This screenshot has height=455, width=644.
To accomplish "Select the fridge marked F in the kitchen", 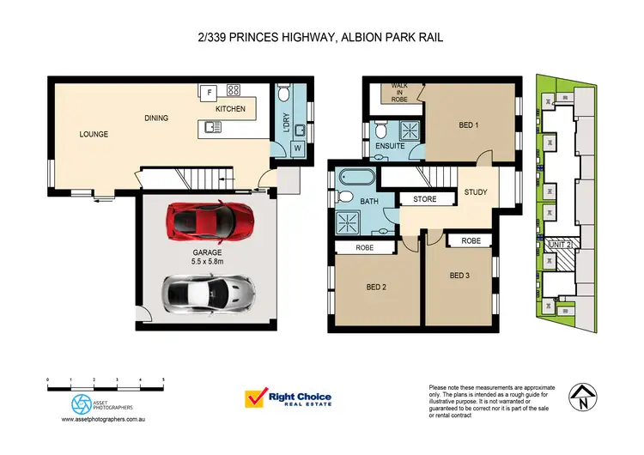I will (208, 91).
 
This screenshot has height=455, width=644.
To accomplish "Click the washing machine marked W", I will (298, 148).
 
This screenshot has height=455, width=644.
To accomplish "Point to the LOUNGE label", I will (94, 134).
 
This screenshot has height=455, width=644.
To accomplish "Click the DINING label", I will (155, 118).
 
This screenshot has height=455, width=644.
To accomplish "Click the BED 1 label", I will (468, 125).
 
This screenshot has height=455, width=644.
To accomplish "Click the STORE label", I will (425, 199).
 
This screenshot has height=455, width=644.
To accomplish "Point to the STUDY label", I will (475, 192).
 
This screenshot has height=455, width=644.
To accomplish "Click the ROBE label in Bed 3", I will (471, 241).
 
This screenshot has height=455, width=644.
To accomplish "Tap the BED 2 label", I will (376, 288).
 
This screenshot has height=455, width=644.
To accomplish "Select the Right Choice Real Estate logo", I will (289, 399).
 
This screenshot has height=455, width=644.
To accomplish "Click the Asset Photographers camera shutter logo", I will (80, 403).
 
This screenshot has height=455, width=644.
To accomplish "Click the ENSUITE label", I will (390, 147).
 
